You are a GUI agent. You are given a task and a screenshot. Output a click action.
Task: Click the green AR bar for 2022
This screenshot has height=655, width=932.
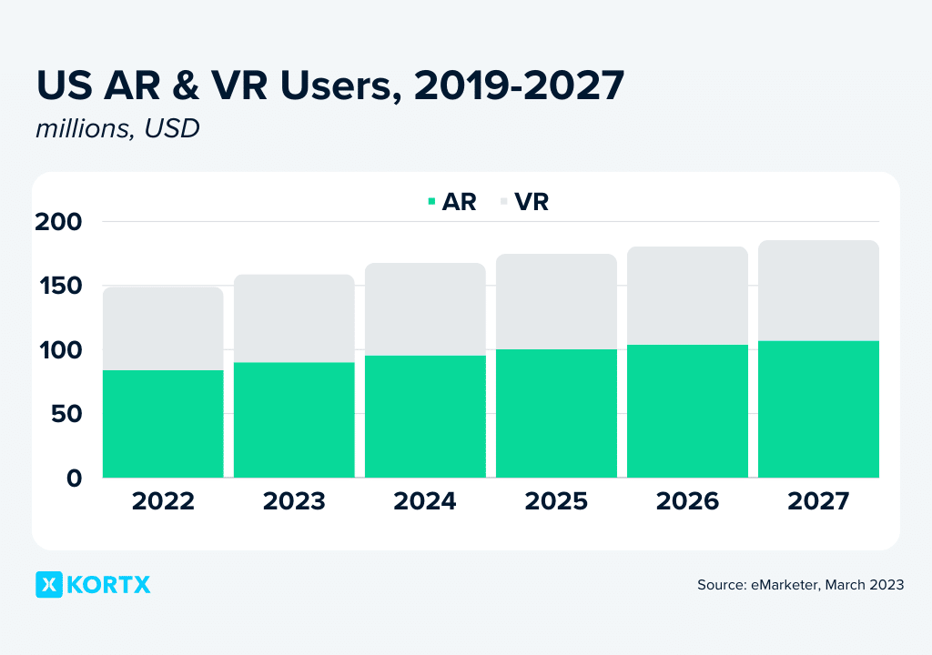click(x=163, y=423)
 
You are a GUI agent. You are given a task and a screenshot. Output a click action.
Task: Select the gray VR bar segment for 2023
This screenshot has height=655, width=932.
click(x=294, y=318)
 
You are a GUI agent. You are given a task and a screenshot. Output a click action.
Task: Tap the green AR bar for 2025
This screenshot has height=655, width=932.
click(x=556, y=413)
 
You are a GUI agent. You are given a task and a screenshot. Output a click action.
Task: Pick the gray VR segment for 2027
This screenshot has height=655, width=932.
click(x=818, y=291)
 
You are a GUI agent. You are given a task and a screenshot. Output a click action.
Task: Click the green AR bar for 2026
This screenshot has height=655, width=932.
click(x=687, y=411)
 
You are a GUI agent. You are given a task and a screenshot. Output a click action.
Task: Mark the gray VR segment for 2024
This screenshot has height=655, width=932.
click(x=425, y=309)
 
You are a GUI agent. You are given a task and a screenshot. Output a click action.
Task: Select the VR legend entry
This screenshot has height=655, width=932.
click(x=525, y=202)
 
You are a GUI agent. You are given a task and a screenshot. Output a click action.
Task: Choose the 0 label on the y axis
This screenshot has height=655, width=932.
click(x=75, y=478)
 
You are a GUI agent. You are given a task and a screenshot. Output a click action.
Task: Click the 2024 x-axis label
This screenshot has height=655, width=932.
click(x=425, y=501)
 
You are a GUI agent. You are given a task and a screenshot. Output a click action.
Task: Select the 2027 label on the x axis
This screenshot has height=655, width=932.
click(x=818, y=501)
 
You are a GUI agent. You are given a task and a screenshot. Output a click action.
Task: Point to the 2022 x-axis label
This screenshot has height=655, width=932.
click(x=163, y=501)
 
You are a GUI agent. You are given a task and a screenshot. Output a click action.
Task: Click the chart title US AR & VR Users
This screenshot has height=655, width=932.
click(x=329, y=86)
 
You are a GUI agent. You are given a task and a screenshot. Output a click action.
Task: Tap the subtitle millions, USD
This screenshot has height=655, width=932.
click(x=117, y=129)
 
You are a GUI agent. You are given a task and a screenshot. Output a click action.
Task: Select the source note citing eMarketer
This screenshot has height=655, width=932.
click(x=800, y=585)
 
